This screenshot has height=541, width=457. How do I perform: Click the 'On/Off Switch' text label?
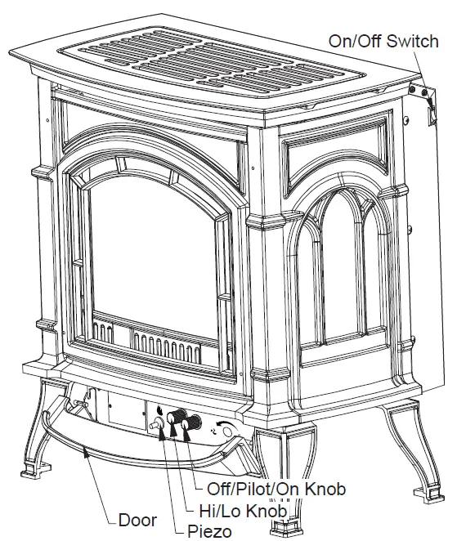tap(385, 39)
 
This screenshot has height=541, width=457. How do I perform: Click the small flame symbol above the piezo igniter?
tap(159, 410)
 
